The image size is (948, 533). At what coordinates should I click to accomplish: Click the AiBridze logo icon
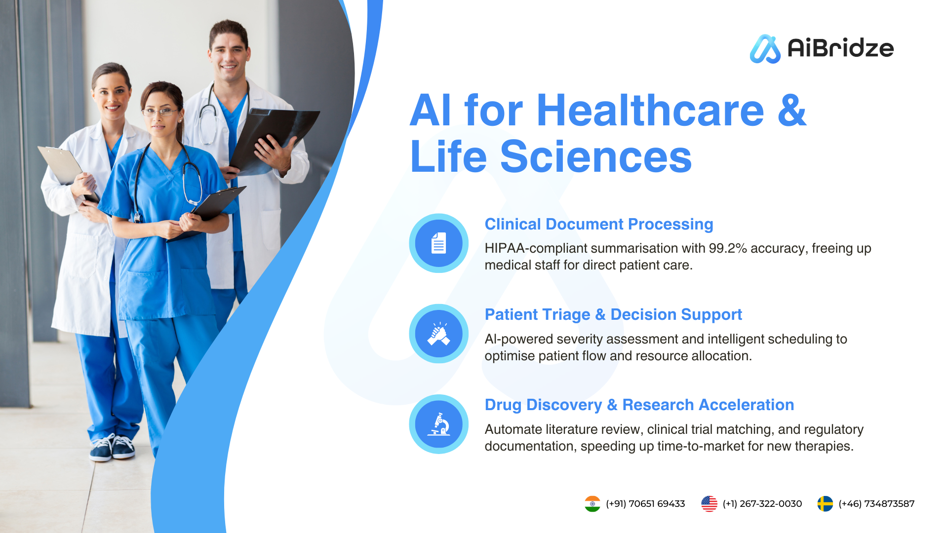tap(765, 49)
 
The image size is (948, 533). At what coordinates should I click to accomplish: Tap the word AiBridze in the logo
tap(840, 48)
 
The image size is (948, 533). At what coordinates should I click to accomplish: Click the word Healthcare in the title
tap(650, 110)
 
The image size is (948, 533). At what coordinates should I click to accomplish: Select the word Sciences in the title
tap(596, 156)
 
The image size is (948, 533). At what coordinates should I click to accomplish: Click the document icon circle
tap(438, 243)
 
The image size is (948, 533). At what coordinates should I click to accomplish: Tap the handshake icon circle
tap(438, 334)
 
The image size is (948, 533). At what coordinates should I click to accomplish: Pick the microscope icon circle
tap(438, 424)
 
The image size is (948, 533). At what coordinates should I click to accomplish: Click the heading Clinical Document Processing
tap(599, 225)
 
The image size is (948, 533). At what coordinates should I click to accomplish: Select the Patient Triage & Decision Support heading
tap(613, 315)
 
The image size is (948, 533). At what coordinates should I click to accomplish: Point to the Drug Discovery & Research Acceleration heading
tap(639, 405)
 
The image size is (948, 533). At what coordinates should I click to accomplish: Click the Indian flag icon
tap(592, 504)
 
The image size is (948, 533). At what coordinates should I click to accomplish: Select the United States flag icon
tap(709, 504)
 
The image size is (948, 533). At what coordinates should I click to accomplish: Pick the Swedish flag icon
tap(825, 504)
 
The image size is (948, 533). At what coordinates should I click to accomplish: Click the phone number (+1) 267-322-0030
tap(762, 504)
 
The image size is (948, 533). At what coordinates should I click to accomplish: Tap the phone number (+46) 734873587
tap(876, 504)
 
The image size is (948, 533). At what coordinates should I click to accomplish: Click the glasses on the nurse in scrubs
tap(160, 112)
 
